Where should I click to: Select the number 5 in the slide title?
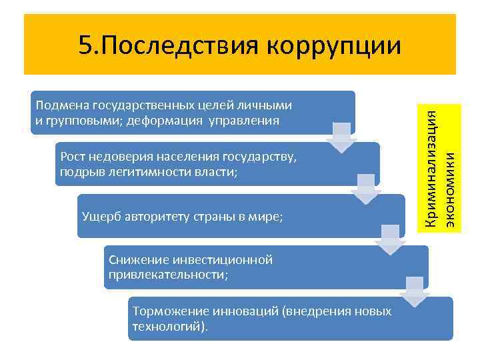point(85,46)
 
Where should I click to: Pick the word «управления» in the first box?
point(240,121)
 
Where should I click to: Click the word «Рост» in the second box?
point(71,157)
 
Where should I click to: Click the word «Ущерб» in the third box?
point(97,217)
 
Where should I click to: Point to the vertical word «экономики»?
point(451,191)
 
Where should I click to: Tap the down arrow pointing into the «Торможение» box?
point(415,291)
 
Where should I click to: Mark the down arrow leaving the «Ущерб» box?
point(389,239)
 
